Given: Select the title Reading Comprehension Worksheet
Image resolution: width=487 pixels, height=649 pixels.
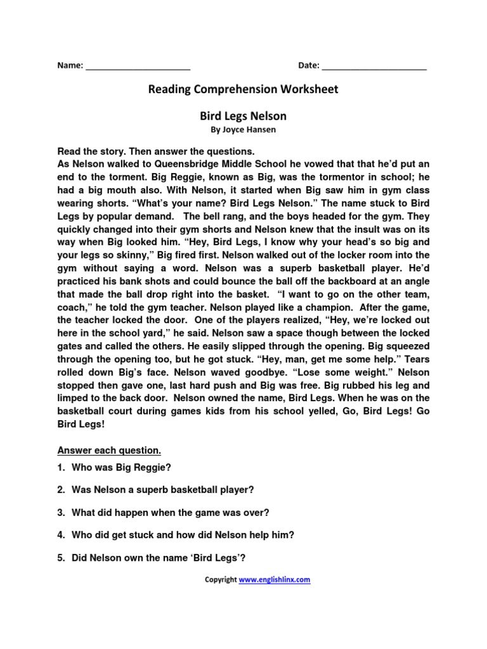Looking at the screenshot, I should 243,89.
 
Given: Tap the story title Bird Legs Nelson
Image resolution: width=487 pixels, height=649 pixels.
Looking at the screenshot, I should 243,116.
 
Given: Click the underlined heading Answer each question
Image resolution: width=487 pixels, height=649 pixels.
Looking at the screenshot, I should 109,451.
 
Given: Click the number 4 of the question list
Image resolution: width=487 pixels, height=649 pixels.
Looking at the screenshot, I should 61,535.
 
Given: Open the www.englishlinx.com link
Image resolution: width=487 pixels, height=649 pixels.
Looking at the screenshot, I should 275,579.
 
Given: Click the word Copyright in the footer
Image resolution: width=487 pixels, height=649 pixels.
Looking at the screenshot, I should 220,579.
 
